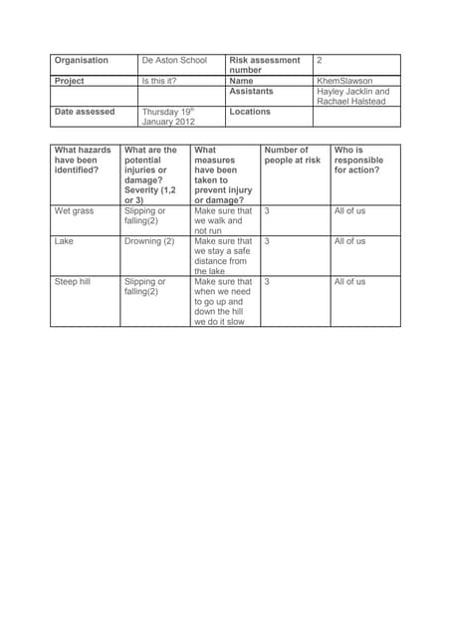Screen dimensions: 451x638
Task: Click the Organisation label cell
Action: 82,61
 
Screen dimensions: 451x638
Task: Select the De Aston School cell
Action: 174,61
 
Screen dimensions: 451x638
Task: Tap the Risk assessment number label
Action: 264,65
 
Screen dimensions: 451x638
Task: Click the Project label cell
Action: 70,81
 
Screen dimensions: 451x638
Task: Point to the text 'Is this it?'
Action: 159,81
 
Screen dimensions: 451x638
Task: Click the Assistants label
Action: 251,92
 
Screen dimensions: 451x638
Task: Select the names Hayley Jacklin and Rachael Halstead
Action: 352,97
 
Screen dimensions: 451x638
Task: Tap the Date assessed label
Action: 85,112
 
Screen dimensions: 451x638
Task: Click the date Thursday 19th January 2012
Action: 169,117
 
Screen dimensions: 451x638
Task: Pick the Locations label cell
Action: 250,112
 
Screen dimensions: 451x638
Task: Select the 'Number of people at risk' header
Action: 293,156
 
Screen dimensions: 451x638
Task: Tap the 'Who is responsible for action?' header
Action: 357,160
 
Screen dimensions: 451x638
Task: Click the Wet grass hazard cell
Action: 75,211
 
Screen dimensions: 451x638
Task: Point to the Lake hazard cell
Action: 64,241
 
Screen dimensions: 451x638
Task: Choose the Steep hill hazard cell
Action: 72,282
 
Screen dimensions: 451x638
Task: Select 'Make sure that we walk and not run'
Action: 223,220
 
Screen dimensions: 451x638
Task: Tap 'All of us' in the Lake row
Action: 349,241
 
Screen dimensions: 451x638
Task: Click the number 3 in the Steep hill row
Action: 267,282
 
